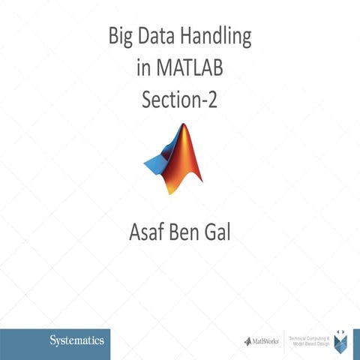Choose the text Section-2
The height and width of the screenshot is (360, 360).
179,100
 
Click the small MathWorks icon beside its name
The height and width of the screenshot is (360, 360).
247,341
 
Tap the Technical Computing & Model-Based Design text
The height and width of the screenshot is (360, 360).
309,341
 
